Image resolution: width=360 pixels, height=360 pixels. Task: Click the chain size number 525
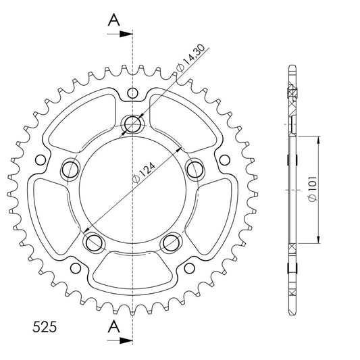(45, 327)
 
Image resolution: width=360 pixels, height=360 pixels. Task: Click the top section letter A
(114, 20)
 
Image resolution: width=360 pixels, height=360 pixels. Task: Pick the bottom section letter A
(114, 326)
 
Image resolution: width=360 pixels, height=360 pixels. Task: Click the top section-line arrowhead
(126, 34)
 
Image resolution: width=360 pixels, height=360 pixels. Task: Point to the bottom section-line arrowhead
(126, 340)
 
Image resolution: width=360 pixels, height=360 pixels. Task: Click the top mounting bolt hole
(132, 124)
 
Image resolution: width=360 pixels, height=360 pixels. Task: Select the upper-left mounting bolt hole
(70, 170)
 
